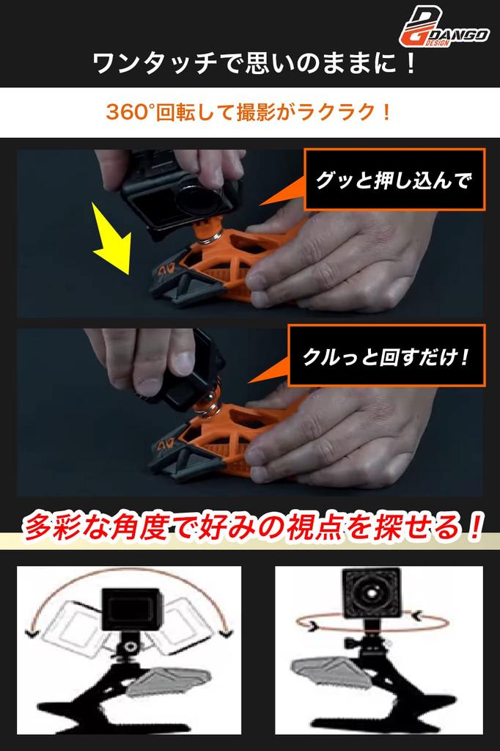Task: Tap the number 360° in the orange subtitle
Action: click(x=130, y=112)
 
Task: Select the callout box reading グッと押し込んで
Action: click(x=394, y=180)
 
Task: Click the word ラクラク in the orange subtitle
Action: click(x=340, y=112)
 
